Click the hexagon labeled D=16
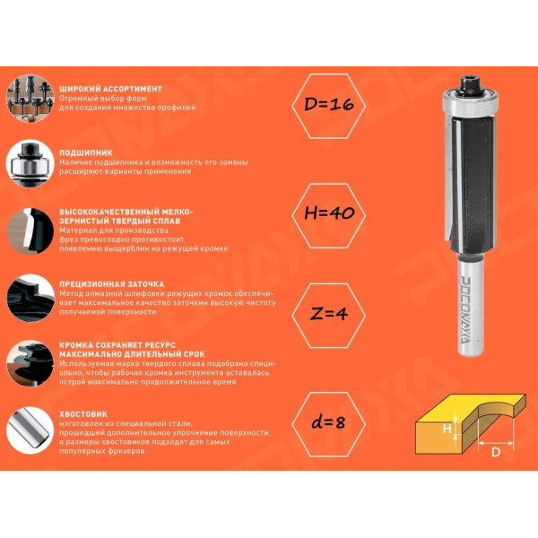click(329, 106)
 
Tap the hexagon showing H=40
click(329, 215)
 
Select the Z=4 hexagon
click(329, 316)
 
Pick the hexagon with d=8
click(329, 424)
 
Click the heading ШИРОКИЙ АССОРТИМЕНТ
click(110, 89)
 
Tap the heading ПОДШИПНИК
click(86, 152)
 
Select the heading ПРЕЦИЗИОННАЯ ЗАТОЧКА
click(112, 284)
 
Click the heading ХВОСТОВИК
click(83, 413)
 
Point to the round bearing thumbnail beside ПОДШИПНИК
click(30, 163)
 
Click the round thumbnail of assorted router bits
click(30, 99)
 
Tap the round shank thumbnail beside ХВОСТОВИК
click(30, 430)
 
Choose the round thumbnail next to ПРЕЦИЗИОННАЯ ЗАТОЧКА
click(30, 298)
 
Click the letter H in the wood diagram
click(447, 429)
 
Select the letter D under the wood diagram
click(496, 452)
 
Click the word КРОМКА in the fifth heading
click(75, 345)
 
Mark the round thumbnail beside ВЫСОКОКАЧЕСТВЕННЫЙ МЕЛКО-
click(30, 231)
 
